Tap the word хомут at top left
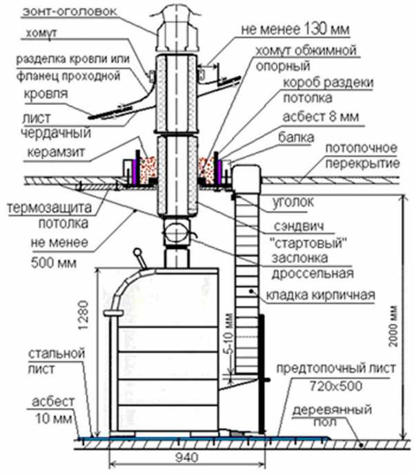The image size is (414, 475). (43, 32)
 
